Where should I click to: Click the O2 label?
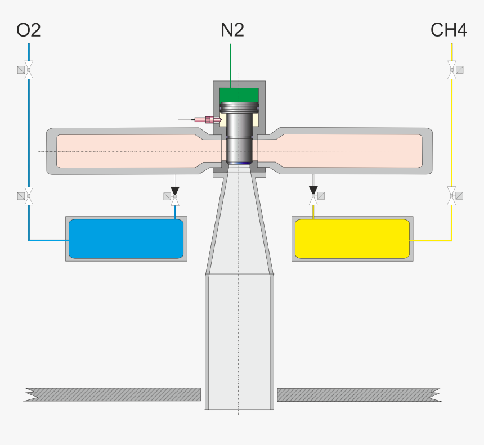28,30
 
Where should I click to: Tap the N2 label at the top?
232,30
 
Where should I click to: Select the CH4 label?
449,30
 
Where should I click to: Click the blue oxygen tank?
126,239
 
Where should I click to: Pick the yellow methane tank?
352,239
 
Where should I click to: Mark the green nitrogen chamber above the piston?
239,95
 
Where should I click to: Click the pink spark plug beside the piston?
206,119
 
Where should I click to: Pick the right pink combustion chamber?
339,151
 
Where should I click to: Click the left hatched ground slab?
113,394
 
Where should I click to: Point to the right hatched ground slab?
359,395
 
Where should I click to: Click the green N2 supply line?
230,66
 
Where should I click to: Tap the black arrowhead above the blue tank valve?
174,190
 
